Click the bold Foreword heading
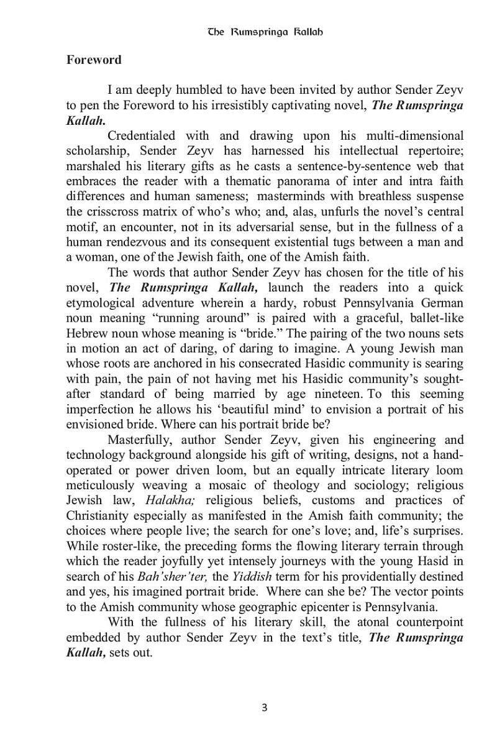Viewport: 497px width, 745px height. [x=94, y=60]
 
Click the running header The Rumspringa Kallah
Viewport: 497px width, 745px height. [x=265, y=31]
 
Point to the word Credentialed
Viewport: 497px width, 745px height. [x=140, y=135]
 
